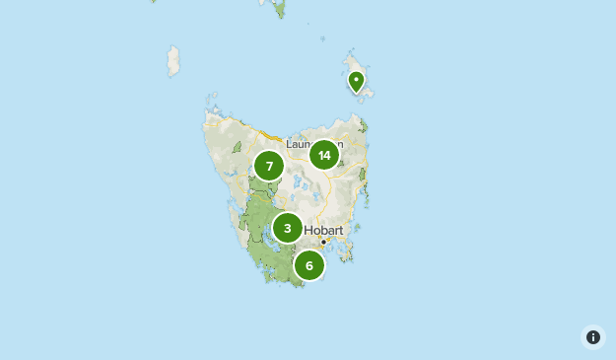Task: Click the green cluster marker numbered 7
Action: tap(269, 166)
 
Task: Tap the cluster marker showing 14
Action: tap(324, 155)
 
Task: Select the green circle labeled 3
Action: tap(287, 228)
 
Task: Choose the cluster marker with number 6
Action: tap(309, 264)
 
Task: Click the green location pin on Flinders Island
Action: tap(356, 81)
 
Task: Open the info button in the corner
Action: tap(593, 337)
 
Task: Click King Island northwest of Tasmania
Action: tap(174, 61)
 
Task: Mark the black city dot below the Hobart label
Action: tap(322, 241)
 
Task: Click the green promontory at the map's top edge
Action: tap(280, 8)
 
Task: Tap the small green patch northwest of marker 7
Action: tap(237, 148)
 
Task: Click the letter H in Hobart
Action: tap(308, 230)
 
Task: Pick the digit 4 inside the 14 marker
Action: tap(327, 155)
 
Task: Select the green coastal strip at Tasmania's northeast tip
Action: tap(363, 126)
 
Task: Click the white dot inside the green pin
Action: tap(356, 78)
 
